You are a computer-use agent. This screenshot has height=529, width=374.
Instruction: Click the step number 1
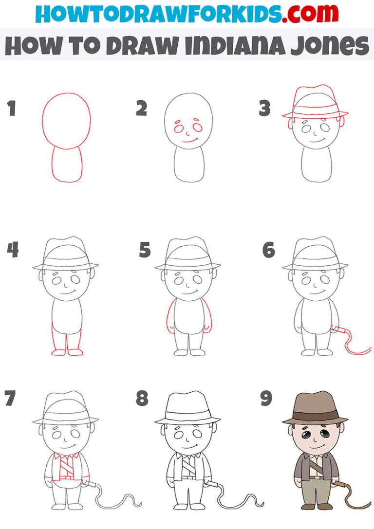pos(11,109)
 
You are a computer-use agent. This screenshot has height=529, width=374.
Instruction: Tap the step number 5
pos(145,250)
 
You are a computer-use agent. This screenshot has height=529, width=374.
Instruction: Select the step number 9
pos(266,398)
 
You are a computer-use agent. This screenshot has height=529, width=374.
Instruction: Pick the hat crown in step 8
pos(187,404)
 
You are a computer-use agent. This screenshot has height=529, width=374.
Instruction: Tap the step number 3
pos(264,109)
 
